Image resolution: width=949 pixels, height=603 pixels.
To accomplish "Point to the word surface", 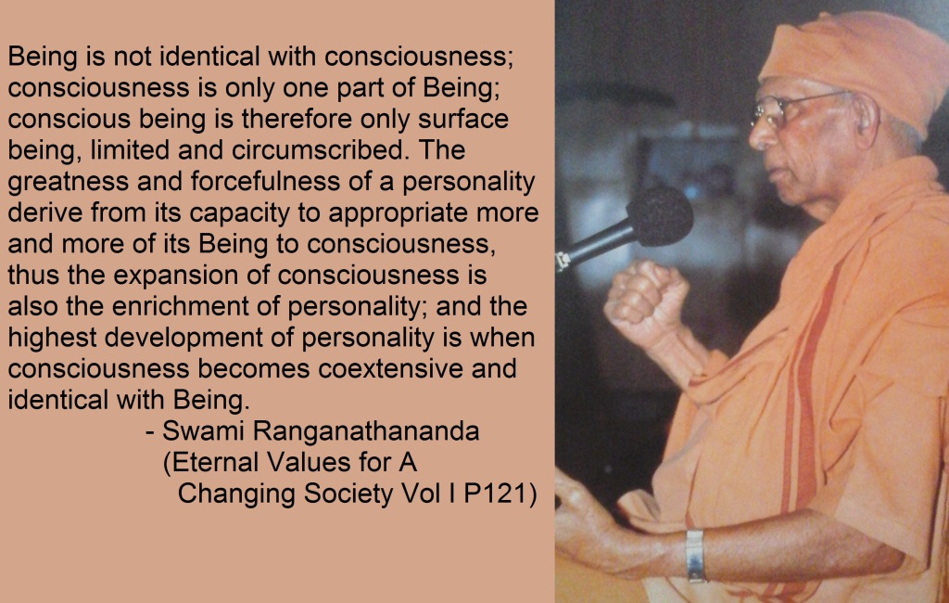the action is click(463, 119).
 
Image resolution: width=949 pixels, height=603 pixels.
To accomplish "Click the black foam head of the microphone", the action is click(660, 215).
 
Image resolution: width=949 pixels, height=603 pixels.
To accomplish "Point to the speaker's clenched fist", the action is click(646, 299).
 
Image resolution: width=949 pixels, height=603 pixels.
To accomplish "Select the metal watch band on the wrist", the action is click(695, 556).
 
